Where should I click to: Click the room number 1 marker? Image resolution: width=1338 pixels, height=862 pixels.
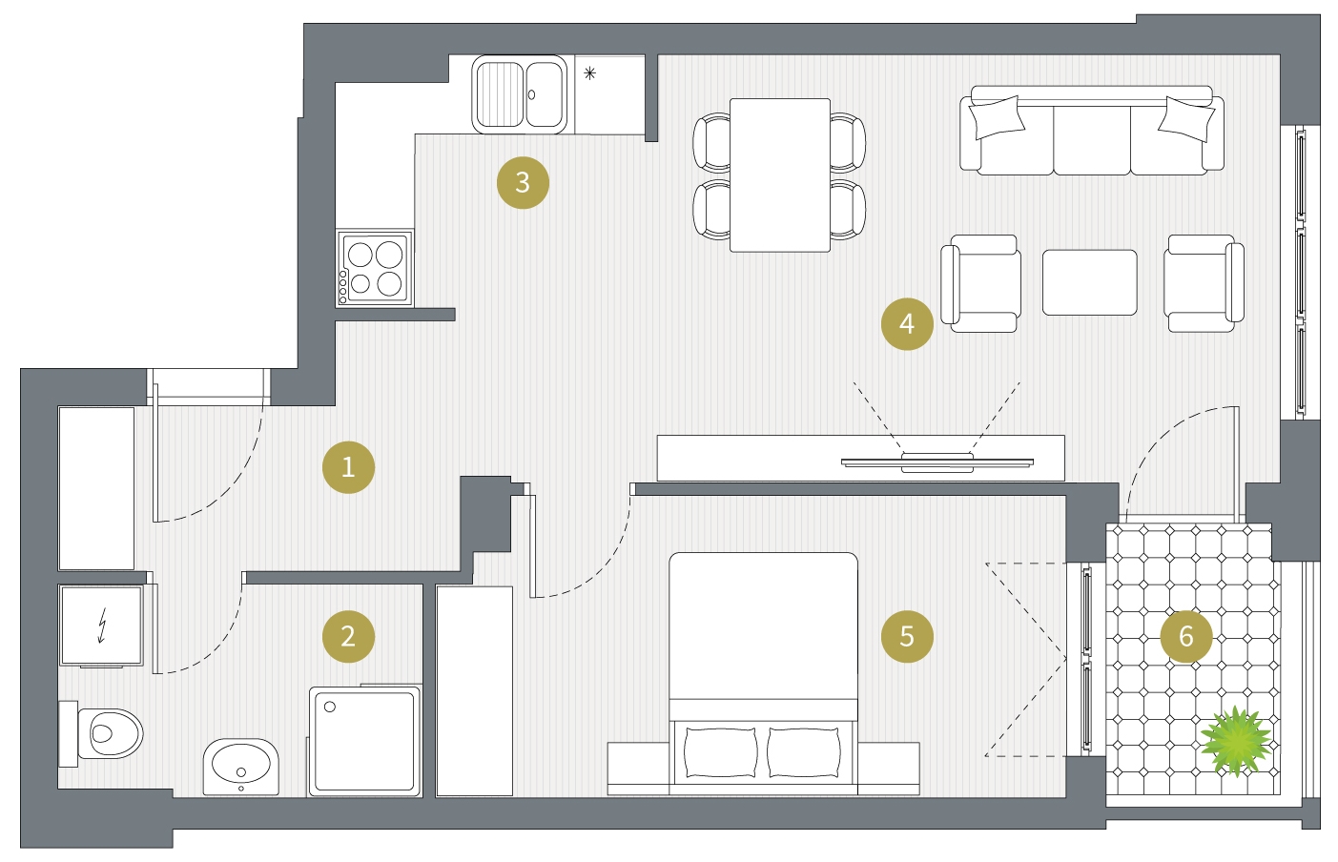click(x=348, y=467)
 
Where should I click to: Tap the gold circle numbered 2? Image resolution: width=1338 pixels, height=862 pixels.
click(x=348, y=637)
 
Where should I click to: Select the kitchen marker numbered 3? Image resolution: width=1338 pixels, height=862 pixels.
click(x=523, y=183)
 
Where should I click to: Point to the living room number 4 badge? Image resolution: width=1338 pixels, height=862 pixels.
click(x=907, y=324)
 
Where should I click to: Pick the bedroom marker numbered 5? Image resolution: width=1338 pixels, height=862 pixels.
click(x=907, y=637)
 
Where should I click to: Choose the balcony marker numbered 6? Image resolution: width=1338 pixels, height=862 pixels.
click(x=1186, y=637)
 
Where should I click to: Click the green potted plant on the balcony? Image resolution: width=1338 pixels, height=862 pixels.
click(x=1235, y=741)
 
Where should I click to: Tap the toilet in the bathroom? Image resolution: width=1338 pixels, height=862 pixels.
click(x=101, y=733)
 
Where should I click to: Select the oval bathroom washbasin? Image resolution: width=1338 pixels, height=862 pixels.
click(x=240, y=767)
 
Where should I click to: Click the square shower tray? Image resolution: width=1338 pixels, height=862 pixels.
click(x=364, y=741)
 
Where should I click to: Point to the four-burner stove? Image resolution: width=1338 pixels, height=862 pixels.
click(x=375, y=268)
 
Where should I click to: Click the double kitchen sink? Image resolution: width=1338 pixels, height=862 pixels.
click(x=519, y=94)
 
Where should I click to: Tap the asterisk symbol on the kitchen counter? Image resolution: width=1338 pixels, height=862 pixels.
click(x=589, y=73)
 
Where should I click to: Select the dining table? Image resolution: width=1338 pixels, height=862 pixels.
click(x=780, y=175)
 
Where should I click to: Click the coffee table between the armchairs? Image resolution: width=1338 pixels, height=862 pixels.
click(x=1089, y=282)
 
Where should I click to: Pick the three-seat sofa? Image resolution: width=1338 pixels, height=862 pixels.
click(x=1092, y=131)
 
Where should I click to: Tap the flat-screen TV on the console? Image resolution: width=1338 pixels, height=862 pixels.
click(x=937, y=462)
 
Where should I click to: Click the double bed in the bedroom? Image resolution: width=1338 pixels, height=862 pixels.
click(x=763, y=674)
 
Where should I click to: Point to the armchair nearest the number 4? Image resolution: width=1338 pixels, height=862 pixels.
click(x=980, y=283)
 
